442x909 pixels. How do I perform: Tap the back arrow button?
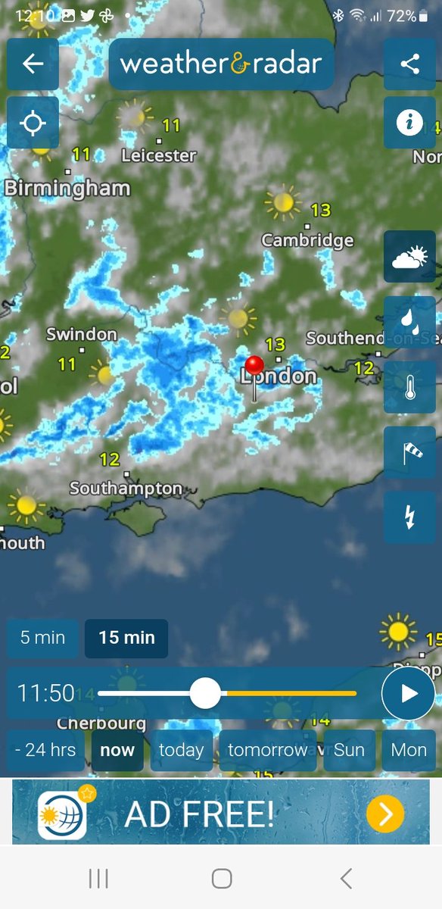33,64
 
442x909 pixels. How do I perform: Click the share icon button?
409,64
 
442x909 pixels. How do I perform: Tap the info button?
409,123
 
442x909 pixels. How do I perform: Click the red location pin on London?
254,366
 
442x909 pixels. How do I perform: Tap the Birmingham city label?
67,188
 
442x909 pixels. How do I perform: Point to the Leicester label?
159,155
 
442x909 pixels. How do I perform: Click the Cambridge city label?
307,240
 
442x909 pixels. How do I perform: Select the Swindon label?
82,334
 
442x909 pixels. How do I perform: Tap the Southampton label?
126,489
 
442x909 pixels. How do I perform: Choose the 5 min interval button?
42,638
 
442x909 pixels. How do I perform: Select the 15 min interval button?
126,638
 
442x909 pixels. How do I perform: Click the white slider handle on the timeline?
204,693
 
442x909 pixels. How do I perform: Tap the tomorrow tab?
267,750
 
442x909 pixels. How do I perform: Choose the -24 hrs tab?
45,750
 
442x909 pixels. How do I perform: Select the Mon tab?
409,750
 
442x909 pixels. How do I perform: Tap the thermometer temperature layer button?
409,387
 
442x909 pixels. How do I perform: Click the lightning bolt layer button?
409,517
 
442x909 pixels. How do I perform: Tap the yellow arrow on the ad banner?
385,814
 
